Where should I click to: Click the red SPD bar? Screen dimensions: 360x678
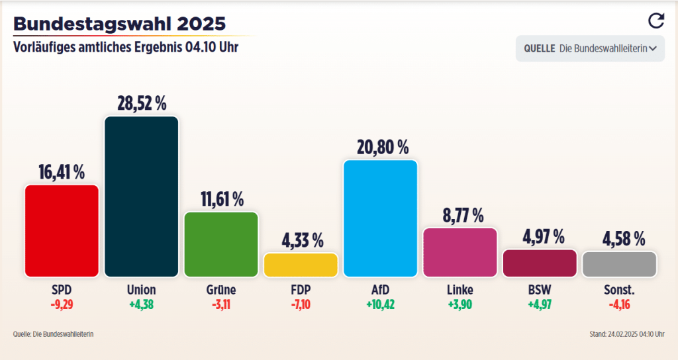[x=62, y=230]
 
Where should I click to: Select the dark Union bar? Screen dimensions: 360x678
[x=141, y=197]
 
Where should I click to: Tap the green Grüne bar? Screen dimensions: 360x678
[x=220, y=244]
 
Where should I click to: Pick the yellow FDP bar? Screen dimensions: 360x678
[x=301, y=265]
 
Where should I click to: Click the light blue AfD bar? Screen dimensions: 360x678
[x=380, y=218]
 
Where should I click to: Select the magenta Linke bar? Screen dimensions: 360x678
[x=460, y=252]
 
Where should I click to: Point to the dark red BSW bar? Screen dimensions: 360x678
[x=540, y=263]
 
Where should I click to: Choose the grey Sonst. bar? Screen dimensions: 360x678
[x=619, y=263]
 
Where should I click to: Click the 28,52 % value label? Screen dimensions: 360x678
[x=141, y=104]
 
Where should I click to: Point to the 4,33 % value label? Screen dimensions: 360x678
[x=301, y=241]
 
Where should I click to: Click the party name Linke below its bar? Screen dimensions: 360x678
[x=460, y=290]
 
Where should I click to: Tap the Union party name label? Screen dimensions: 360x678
[x=141, y=290]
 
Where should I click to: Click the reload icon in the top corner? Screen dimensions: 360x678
[x=655, y=21]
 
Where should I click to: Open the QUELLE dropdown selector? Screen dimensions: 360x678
[x=590, y=48]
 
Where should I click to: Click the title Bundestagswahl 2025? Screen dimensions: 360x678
[x=119, y=24]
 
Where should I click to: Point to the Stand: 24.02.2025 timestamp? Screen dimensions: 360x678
[x=626, y=334]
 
